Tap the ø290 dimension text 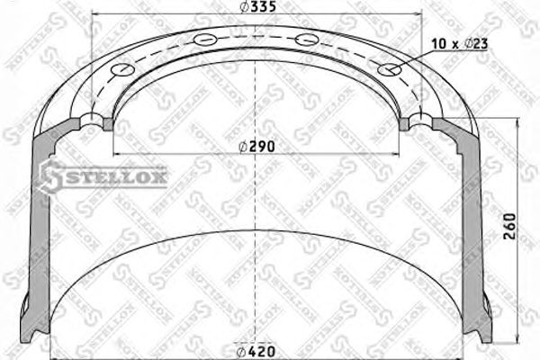[x=256, y=146]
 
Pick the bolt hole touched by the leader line [x=390, y=70]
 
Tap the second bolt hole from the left [x=206, y=40]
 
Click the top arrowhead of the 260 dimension [x=517, y=122]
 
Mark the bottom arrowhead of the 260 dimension [x=517, y=337]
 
